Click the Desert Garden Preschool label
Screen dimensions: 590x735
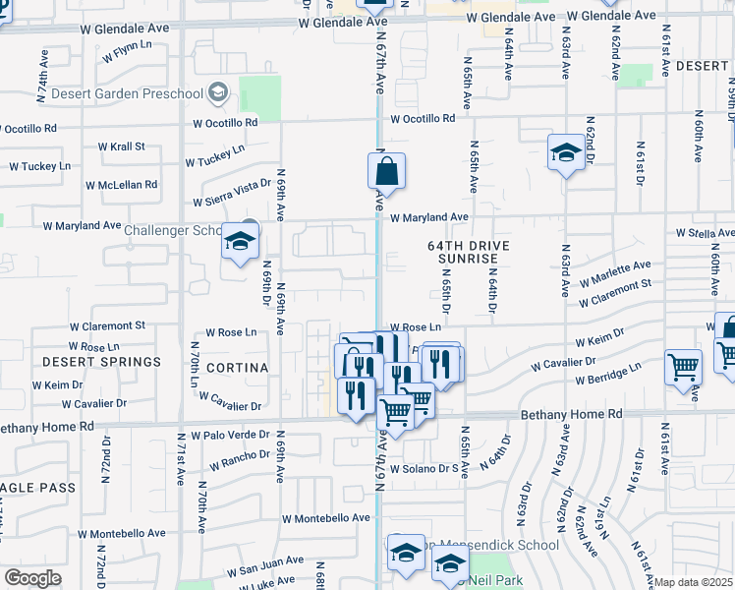click(x=113, y=94)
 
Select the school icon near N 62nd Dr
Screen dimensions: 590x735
click(x=565, y=152)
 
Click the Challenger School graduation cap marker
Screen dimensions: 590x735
click(x=239, y=241)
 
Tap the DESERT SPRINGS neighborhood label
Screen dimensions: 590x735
click(x=101, y=362)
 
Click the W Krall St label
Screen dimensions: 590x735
click(x=121, y=147)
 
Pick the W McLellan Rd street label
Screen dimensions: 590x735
click(x=121, y=185)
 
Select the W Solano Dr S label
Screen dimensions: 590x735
click(x=424, y=470)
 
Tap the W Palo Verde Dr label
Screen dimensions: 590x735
click(x=230, y=435)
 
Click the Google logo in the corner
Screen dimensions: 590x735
click(x=32, y=578)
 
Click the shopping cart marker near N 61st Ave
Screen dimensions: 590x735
click(x=683, y=368)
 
